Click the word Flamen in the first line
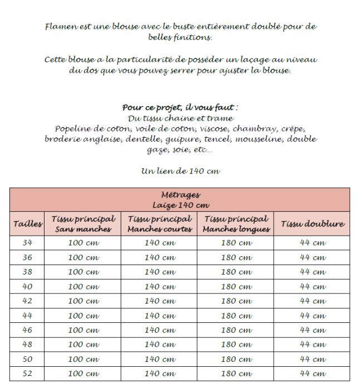click(59, 27)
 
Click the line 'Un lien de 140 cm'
click(181, 171)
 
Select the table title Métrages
click(180, 195)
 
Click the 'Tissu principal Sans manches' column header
click(83, 224)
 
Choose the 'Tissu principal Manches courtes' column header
click(160, 224)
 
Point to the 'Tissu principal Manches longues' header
click(236, 224)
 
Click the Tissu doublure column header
click(313, 224)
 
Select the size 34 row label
click(28, 243)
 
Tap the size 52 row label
click(28, 373)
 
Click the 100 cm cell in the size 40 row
click(83, 287)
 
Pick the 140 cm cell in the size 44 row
click(160, 316)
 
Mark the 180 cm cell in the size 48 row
click(236, 345)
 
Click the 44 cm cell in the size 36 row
click(313, 257)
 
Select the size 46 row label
click(28, 330)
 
